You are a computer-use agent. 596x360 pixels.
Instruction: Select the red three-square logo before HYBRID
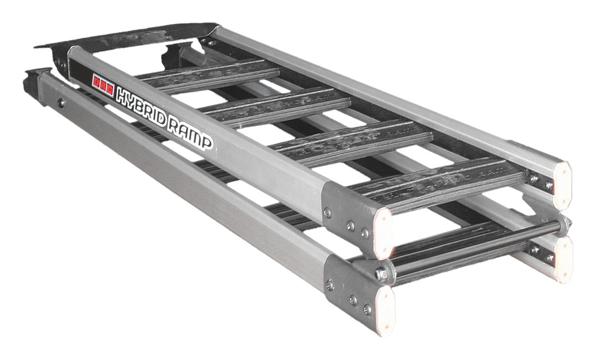[x=103, y=83]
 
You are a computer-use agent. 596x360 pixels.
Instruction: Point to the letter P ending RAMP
[x=206, y=144]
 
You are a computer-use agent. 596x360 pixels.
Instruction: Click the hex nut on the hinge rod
[x=381, y=273]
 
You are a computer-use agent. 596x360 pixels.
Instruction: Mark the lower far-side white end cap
[x=563, y=258]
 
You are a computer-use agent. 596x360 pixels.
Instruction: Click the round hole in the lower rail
[x=62, y=103]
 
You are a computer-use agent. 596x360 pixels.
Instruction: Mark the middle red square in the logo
[x=103, y=83]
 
